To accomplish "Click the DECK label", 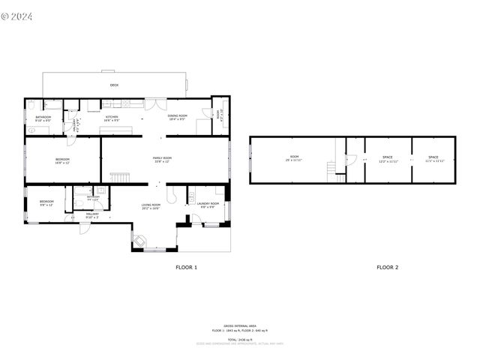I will [x=114, y=85].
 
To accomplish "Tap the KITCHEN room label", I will [x=111, y=118].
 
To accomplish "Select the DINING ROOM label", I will [x=177, y=118].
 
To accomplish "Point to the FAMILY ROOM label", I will [x=162, y=159].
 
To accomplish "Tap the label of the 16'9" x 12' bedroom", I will [x=62, y=160].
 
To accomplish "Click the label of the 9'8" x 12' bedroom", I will [x=46, y=202].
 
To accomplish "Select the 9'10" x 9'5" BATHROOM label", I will [x=43, y=118].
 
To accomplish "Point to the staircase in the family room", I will [x=120, y=176].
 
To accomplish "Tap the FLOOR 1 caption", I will [x=186, y=267].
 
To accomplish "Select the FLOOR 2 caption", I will [x=387, y=267].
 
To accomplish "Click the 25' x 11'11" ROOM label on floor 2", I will [x=295, y=159].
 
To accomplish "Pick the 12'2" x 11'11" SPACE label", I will [x=388, y=159].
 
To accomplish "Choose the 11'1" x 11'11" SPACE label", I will [x=434, y=159].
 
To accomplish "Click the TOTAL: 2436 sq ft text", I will [x=240, y=338].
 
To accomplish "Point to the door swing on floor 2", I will [x=349, y=159].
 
